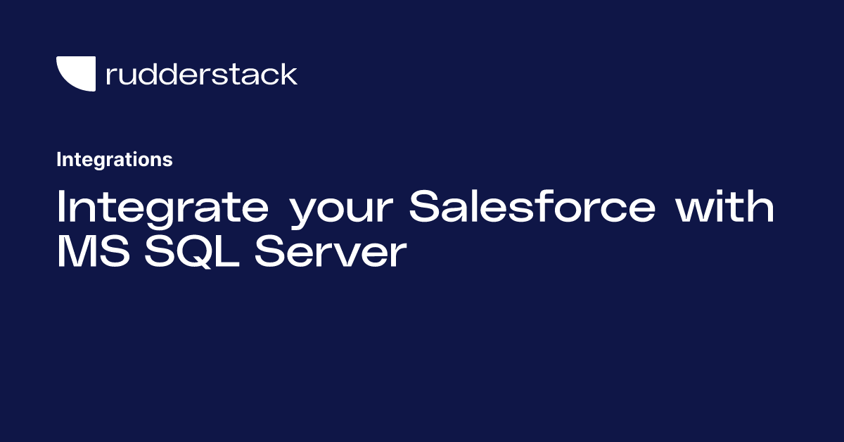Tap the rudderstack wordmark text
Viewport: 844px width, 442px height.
point(202,74)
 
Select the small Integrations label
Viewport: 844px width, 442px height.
point(115,160)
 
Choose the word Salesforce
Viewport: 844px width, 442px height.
point(532,206)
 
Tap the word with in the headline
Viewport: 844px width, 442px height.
point(724,206)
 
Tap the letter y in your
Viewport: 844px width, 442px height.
point(307,214)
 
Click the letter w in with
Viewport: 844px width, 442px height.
point(697,210)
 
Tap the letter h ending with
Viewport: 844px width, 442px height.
point(762,206)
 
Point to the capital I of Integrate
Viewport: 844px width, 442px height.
point(60,206)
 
